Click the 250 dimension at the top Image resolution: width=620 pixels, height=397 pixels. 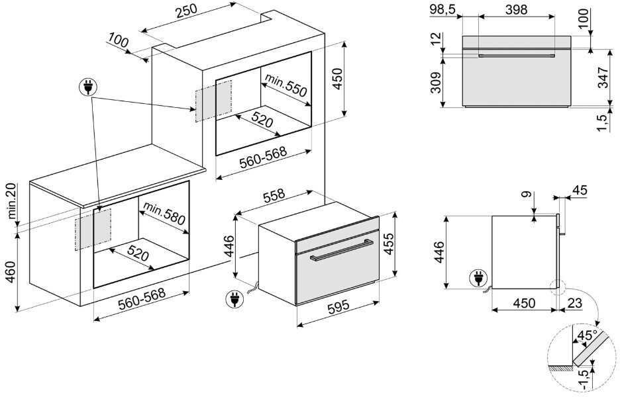pos(188,14)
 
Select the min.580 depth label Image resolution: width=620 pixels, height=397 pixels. pos(163,213)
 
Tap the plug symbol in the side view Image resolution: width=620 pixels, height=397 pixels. pos(476,279)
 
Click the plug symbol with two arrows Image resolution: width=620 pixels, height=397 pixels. pos(87,87)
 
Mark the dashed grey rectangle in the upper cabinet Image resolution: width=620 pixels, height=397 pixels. pos(213,101)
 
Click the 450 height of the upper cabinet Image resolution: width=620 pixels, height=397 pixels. pos(337,79)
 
